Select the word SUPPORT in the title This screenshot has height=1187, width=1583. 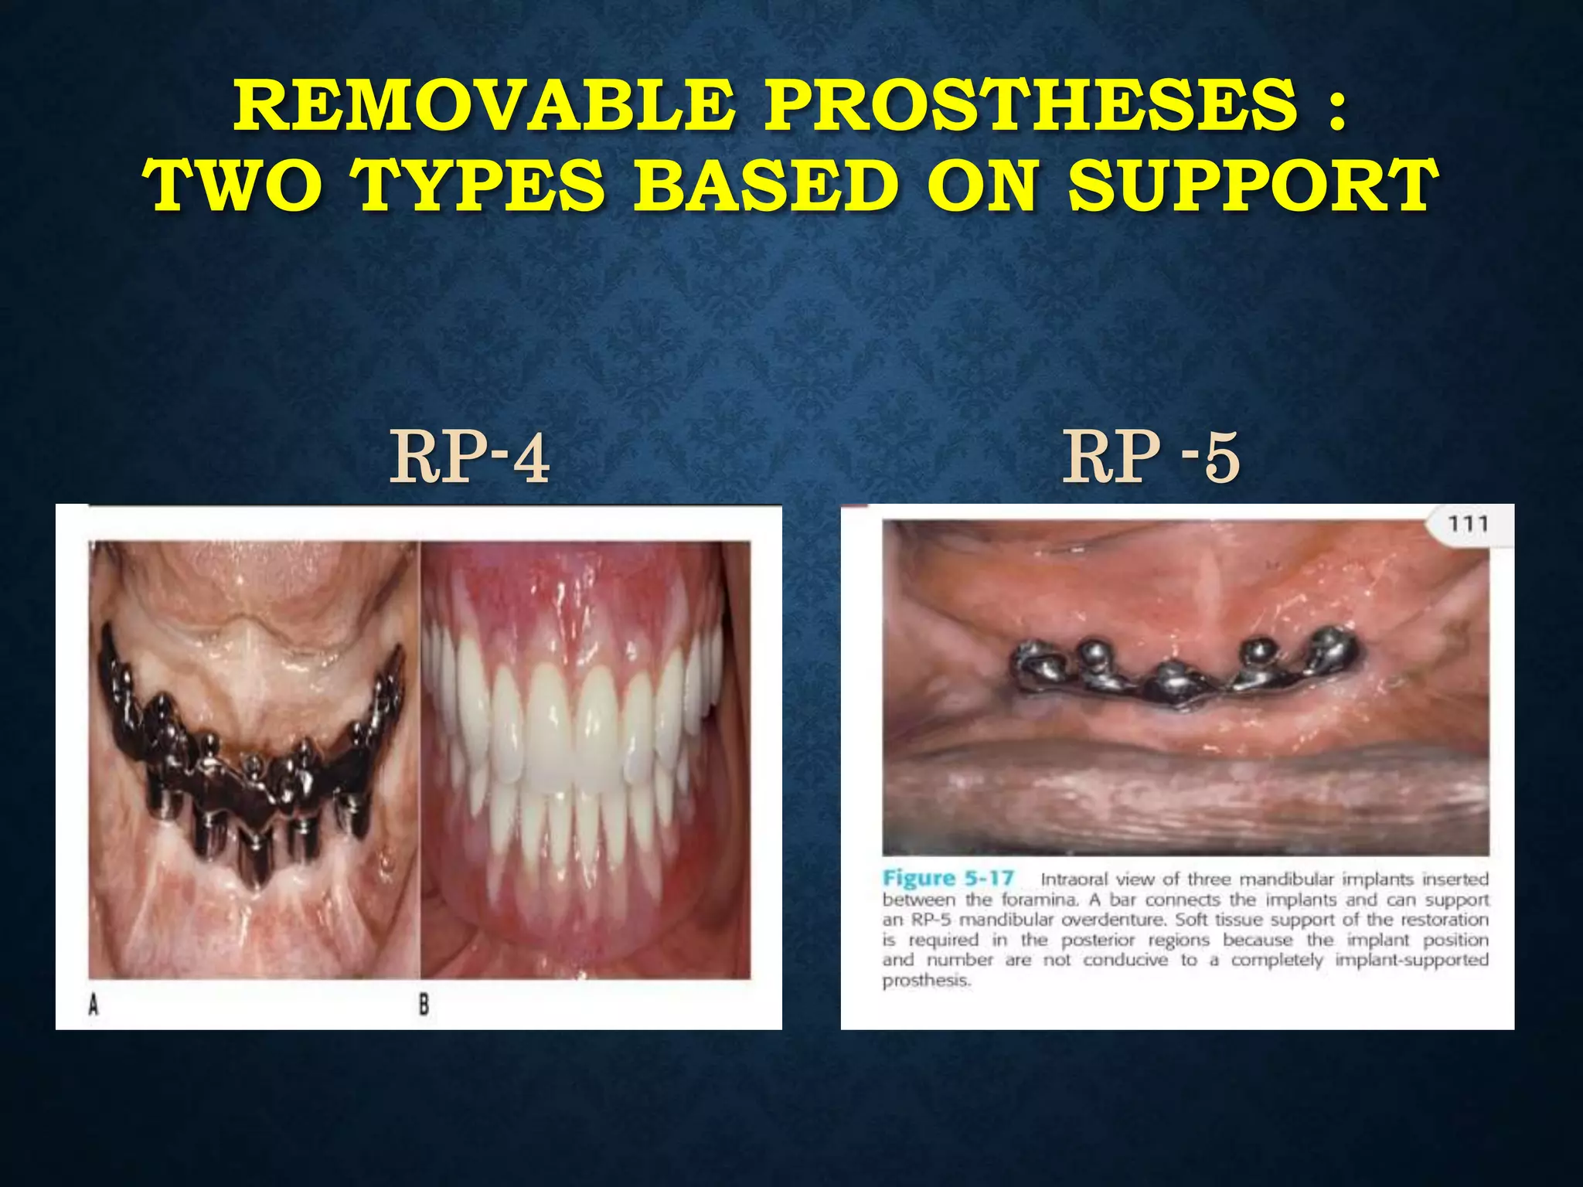(x=1253, y=186)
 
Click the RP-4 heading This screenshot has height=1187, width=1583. (x=470, y=458)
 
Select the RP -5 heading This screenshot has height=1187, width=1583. (x=1151, y=458)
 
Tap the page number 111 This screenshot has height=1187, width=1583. (x=1467, y=525)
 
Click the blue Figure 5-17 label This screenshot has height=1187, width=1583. (x=948, y=879)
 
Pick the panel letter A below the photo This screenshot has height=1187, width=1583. (x=94, y=1005)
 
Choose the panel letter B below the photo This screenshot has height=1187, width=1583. (x=424, y=1005)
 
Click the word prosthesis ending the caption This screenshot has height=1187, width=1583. (x=926, y=981)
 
